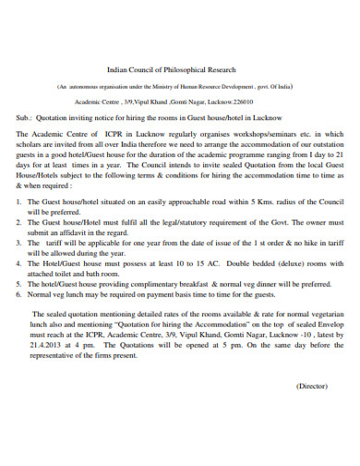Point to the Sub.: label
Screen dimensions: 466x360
tap(28, 119)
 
